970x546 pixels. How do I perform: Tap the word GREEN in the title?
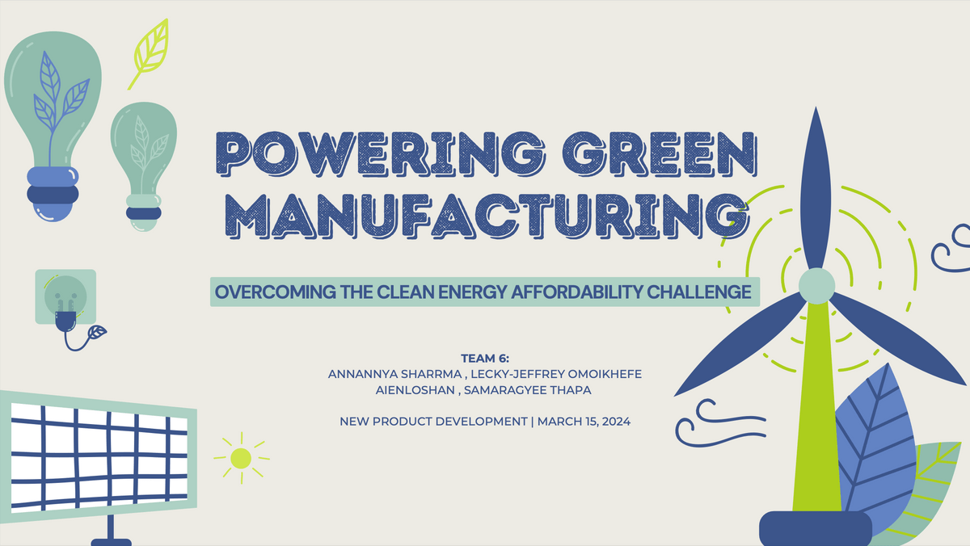(660, 154)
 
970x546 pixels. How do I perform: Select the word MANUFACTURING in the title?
(487, 216)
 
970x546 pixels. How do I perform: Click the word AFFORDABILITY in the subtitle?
(577, 292)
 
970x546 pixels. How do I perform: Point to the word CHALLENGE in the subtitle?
(699, 292)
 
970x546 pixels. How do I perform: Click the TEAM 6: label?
(485, 359)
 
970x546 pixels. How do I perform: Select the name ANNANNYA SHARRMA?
(394, 374)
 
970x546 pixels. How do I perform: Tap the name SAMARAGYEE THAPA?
(527, 390)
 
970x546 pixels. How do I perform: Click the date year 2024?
(616, 422)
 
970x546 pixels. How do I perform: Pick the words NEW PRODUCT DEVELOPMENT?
(433, 422)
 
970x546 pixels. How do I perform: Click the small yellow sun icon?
(241, 458)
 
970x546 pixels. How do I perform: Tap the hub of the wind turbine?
(816, 286)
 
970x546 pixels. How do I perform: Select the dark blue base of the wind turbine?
(816, 529)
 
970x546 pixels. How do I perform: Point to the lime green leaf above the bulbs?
(150, 53)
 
